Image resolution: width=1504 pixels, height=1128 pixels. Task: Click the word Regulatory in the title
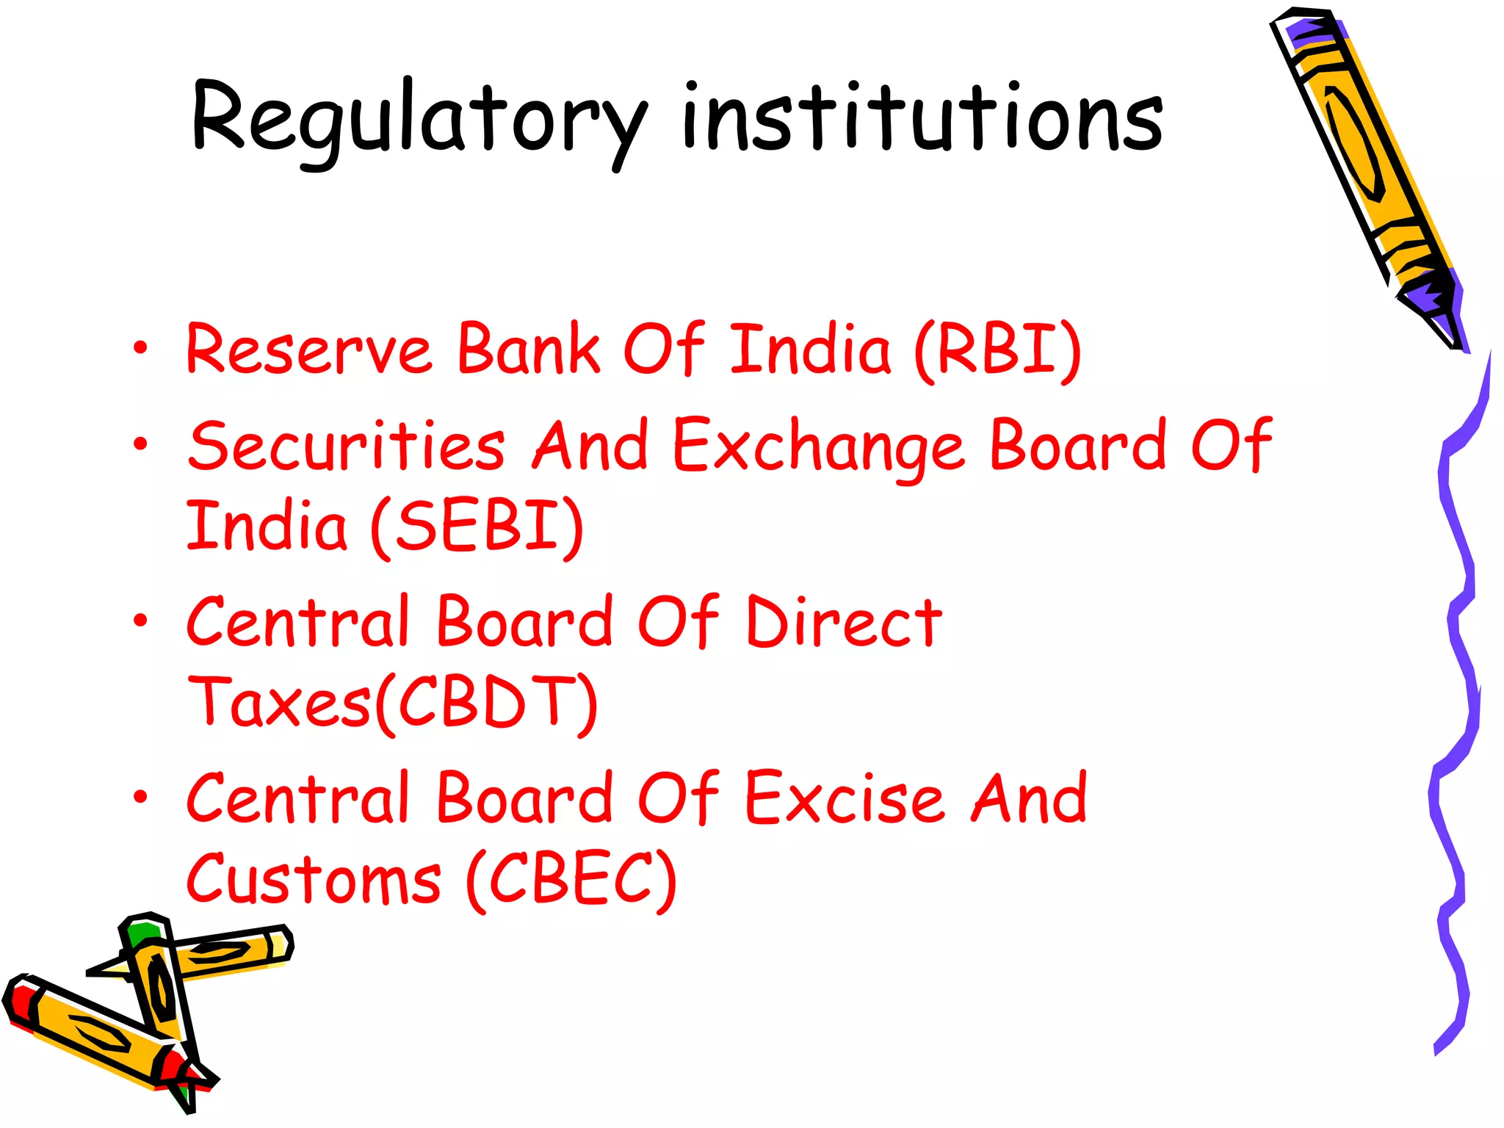(419, 121)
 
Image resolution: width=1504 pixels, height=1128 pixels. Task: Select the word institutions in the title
(922, 117)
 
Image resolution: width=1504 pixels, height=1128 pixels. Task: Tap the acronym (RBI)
(999, 350)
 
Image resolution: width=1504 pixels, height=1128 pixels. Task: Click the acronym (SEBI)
(477, 526)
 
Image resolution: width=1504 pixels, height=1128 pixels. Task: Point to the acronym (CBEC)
(571, 879)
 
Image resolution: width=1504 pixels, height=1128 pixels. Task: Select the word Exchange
(818, 446)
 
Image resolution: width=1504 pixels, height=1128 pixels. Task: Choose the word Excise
(845, 799)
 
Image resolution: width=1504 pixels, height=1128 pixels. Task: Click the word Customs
(314, 879)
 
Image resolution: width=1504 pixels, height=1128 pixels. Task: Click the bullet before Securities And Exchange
(140, 444)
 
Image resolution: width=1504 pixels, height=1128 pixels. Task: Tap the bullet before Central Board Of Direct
(140, 621)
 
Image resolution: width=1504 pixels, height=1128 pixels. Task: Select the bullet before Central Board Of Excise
(140, 797)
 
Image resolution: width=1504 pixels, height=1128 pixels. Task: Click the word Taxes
(279, 704)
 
